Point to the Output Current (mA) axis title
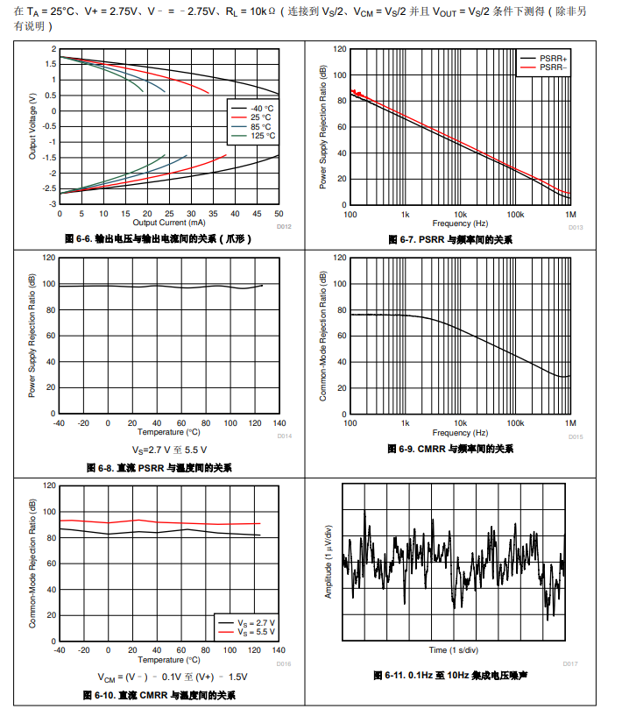click(168, 223)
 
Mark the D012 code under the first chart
click(283, 227)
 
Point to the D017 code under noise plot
click(570, 663)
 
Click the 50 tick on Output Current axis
click(279, 214)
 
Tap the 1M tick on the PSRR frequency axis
click(569, 215)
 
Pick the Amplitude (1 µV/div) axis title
click(329, 561)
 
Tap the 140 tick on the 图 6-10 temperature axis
click(279, 650)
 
